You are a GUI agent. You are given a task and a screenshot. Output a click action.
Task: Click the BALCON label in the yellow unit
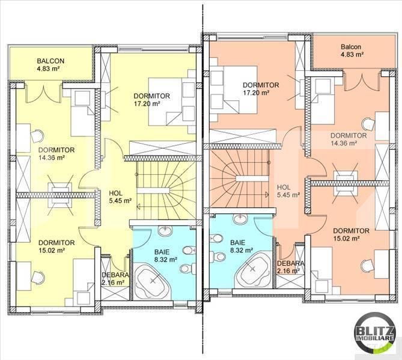(x=50, y=61)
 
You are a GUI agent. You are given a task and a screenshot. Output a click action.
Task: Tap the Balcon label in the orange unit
(x=351, y=47)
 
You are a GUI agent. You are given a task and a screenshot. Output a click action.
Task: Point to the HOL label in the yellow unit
(x=115, y=194)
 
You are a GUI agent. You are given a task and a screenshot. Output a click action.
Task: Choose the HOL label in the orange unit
(x=284, y=187)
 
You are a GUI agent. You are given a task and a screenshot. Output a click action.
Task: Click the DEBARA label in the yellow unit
(x=115, y=275)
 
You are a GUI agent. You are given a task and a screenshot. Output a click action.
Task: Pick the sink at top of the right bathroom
(x=240, y=219)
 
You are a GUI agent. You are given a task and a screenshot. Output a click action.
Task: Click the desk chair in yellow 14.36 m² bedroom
(x=37, y=136)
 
